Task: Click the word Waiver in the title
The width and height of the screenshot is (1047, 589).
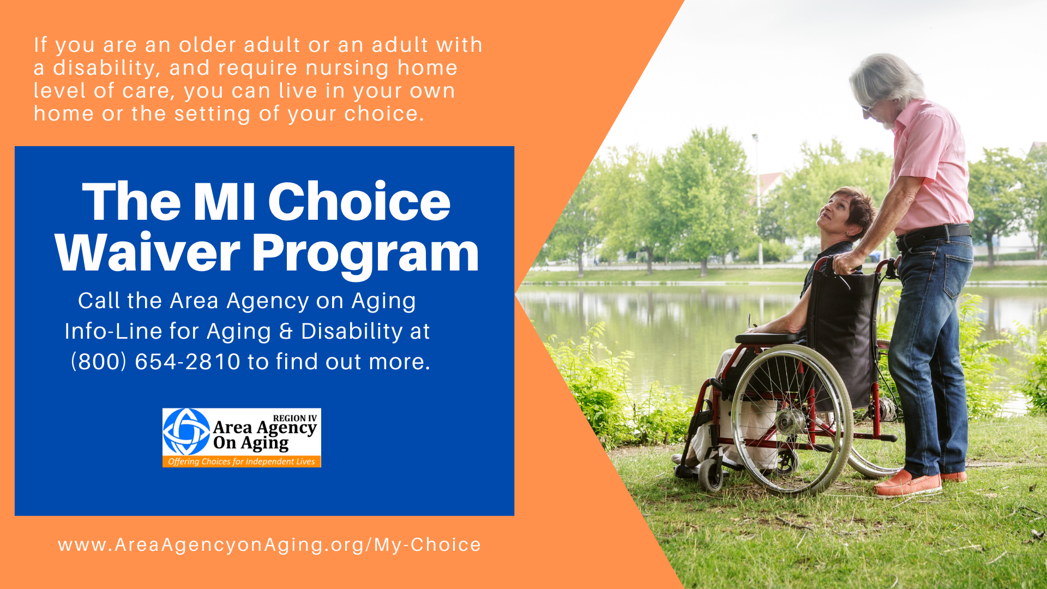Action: pos(147,253)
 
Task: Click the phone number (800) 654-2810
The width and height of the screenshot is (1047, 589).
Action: pos(156,362)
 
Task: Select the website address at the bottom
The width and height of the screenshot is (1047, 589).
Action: pos(269,545)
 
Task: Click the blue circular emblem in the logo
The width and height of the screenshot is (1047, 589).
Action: pos(186,431)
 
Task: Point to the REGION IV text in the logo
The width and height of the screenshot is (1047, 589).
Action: pos(295,418)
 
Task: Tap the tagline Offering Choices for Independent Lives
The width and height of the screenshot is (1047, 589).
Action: pos(242,461)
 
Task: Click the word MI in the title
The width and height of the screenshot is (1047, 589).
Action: pos(224,202)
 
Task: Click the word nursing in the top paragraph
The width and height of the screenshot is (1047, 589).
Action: pos(347,68)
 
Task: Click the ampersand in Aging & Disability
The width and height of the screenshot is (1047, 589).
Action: pos(286,332)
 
